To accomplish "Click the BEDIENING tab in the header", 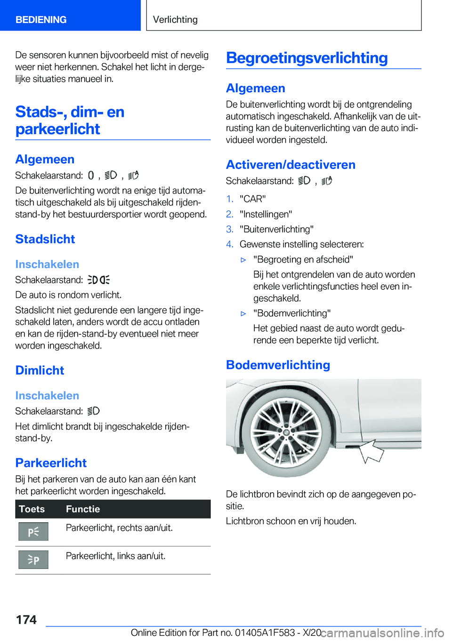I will click(x=41, y=20).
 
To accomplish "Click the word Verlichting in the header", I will click(x=175, y=20).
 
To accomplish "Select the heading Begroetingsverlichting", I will click(x=307, y=58).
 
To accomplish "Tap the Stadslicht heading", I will click(x=45, y=239).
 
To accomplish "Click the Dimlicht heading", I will click(x=40, y=370).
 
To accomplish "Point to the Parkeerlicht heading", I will click(x=51, y=463).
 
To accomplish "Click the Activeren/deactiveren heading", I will click(x=291, y=165).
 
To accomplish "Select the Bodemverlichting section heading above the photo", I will click(x=278, y=365).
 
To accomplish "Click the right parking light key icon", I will click(x=33, y=532).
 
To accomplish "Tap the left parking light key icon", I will click(x=33, y=560).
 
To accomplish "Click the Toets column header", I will click(x=32, y=509).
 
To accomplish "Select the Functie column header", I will click(x=83, y=509).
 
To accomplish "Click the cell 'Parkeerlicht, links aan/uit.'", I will click(x=115, y=556).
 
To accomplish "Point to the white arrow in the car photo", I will click(x=372, y=451).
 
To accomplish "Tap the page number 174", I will click(x=26, y=620).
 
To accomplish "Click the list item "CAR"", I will click(x=252, y=199).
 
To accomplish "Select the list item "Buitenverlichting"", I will click(x=276, y=229).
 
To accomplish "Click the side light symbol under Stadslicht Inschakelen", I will click(x=98, y=280).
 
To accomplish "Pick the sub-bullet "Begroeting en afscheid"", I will click(x=303, y=259).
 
